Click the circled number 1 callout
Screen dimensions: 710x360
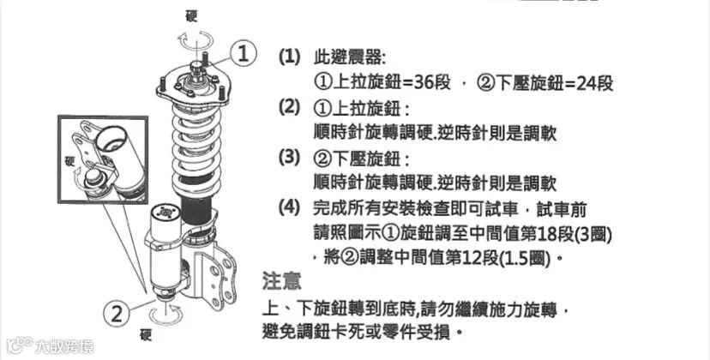point(243,54)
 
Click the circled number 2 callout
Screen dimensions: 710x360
point(117,314)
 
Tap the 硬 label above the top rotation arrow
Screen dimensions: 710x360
point(191,16)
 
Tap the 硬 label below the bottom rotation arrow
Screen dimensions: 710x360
point(146,335)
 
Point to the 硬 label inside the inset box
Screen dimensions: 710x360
point(69,162)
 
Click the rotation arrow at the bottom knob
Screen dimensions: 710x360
point(166,315)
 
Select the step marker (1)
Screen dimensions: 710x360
point(289,57)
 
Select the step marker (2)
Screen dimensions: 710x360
point(289,108)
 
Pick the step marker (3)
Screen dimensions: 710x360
point(289,158)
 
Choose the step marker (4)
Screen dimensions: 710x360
point(289,208)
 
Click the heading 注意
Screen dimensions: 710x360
point(281,281)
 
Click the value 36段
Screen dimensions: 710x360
point(432,83)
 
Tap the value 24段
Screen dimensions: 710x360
point(594,83)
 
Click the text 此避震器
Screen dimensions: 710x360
point(348,57)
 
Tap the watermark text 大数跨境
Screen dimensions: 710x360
point(63,346)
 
